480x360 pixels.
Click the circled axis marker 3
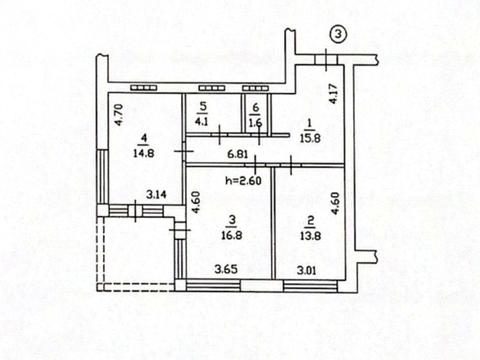click(338, 36)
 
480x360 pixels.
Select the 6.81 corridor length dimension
click(237, 153)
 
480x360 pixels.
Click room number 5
click(203, 106)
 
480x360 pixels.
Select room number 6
click(256, 107)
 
